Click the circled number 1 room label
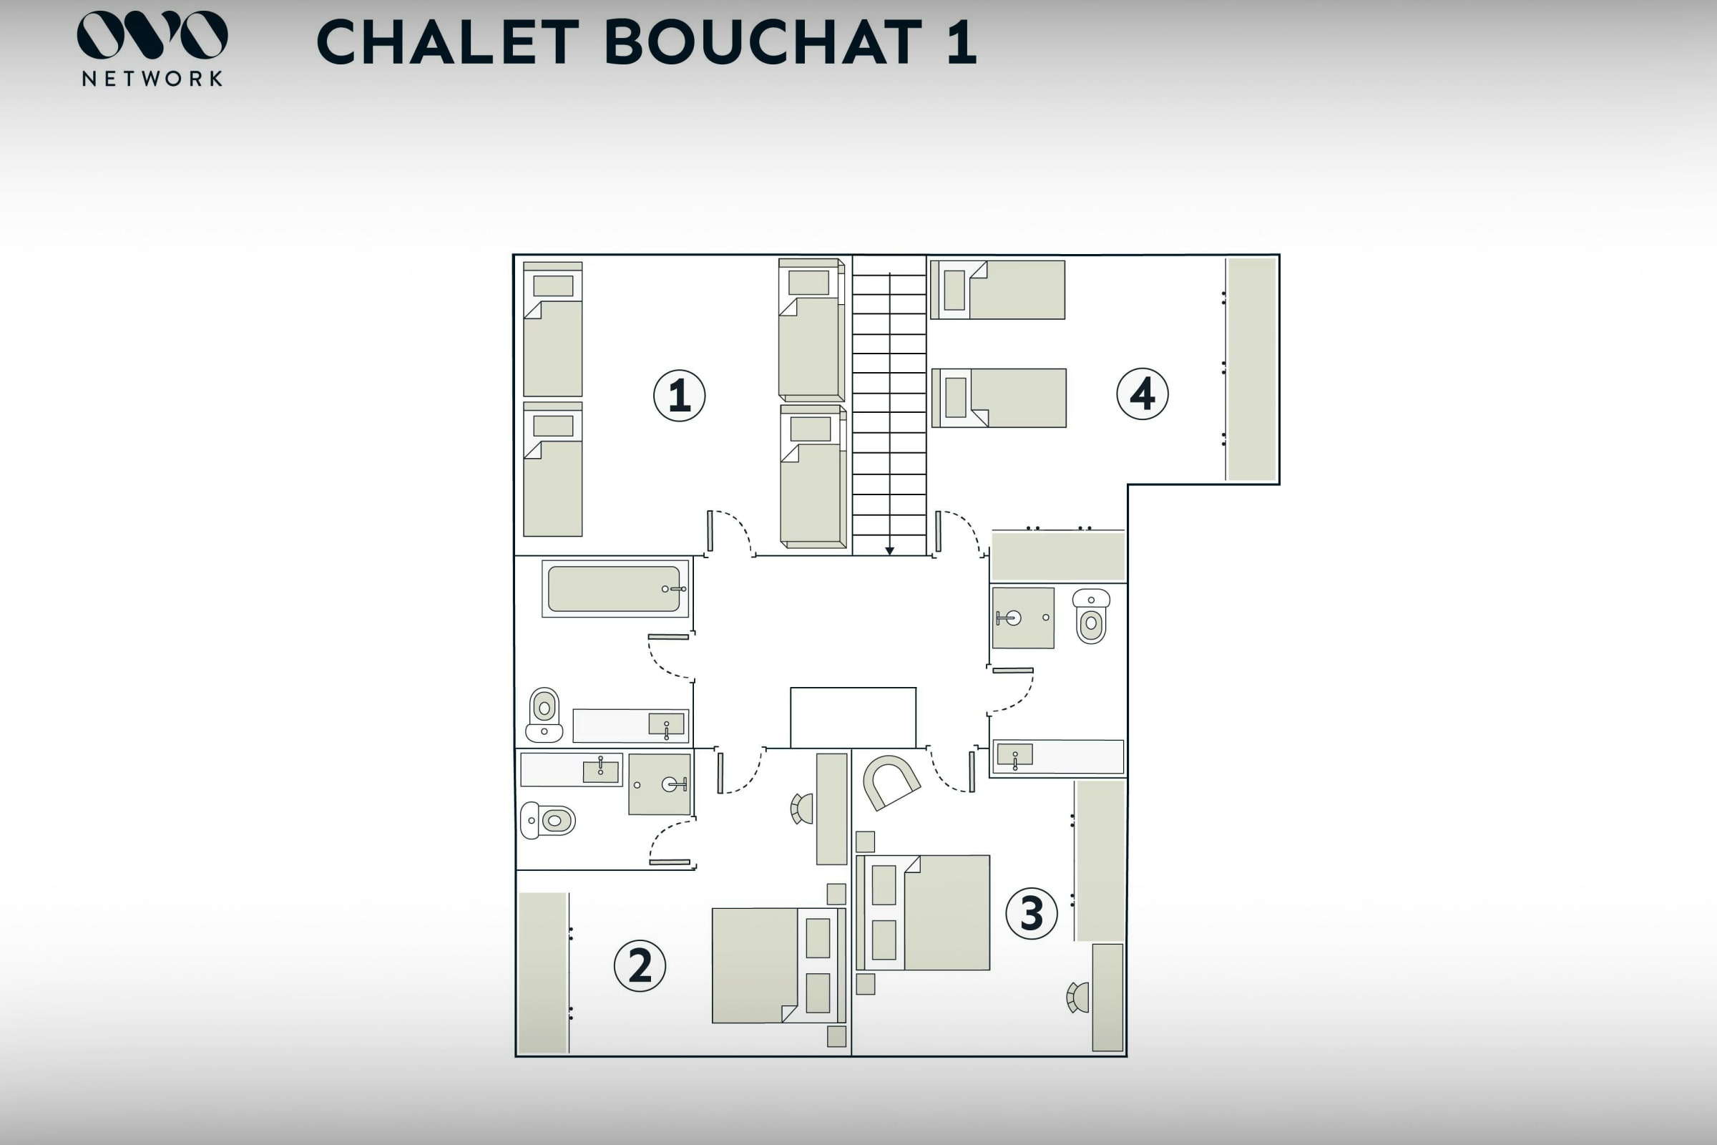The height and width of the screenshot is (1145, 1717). [679, 396]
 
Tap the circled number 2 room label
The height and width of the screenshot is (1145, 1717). [640, 965]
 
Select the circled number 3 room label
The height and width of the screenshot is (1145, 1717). [1031, 913]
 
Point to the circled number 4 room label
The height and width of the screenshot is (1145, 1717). [1143, 394]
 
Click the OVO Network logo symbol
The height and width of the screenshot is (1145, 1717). [152, 34]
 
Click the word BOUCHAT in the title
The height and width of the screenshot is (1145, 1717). [763, 42]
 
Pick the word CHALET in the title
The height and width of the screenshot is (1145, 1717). [448, 42]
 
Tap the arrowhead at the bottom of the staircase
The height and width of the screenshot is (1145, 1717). [889, 551]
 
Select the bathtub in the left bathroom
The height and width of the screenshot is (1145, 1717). [615, 588]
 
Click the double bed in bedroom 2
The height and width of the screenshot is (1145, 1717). [778, 965]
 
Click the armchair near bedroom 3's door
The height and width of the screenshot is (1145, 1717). [891, 781]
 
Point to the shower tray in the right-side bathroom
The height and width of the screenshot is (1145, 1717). [1023, 618]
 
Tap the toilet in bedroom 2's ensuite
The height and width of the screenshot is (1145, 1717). [547, 820]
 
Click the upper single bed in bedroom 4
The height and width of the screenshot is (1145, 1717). [997, 290]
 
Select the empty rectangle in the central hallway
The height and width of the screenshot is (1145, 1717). [853, 718]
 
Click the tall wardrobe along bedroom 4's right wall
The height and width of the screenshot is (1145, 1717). [1251, 369]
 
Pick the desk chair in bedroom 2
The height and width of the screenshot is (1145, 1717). [801, 809]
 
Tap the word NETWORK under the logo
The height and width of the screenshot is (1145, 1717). [152, 79]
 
